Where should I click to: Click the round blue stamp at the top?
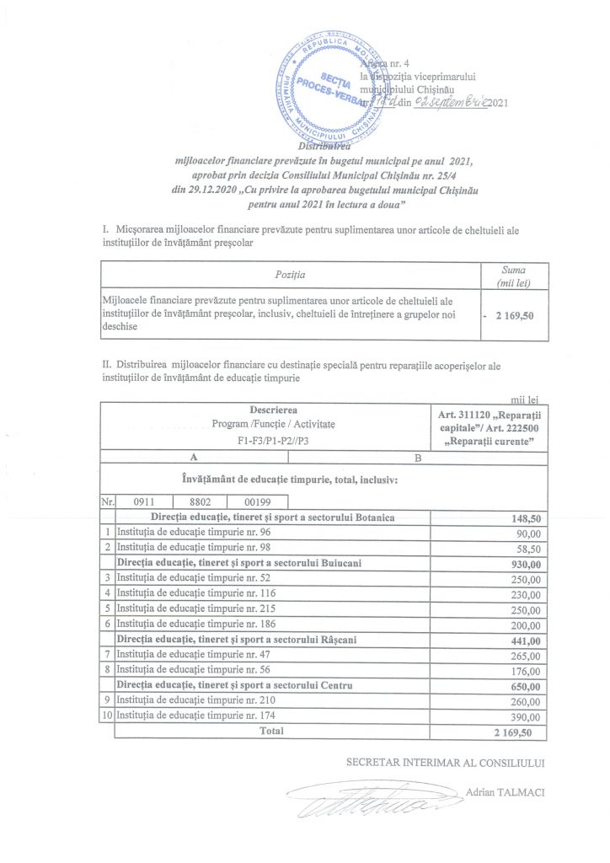click(x=330, y=88)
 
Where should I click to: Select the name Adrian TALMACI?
click(x=505, y=792)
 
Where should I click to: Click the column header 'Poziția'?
click(x=291, y=276)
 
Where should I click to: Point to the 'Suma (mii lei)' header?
click(x=513, y=276)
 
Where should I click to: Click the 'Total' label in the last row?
click(x=271, y=732)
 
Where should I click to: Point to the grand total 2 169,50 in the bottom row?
click(x=514, y=732)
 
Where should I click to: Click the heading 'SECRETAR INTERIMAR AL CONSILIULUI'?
click(x=446, y=762)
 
